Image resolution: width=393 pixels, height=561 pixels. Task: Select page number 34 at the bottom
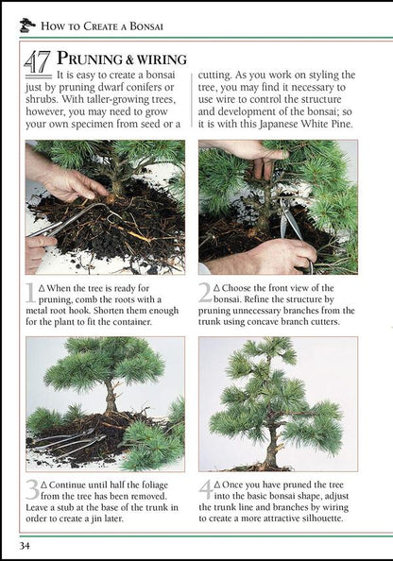[26, 546]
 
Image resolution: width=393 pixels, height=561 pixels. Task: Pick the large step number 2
[206, 295]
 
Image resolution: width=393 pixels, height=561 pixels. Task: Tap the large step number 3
[33, 491]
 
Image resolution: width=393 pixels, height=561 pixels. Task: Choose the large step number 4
[207, 491]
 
